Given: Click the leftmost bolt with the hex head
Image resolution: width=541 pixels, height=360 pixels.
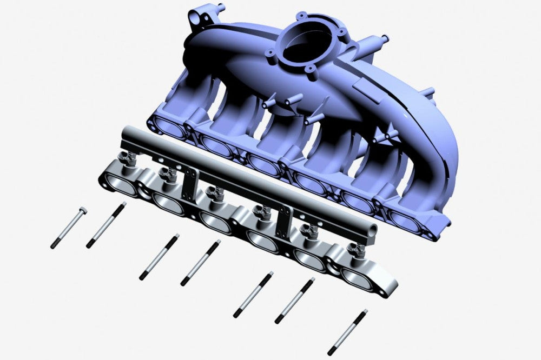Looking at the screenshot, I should click(69, 227).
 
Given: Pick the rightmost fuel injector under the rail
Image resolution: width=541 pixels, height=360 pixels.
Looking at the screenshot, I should click(355, 250).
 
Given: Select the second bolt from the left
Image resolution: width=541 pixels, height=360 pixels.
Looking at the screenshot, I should click(106, 225).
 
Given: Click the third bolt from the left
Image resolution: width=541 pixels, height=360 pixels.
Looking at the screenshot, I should click(159, 257).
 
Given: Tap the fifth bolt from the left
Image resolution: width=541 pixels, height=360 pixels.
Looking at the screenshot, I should click(253, 294).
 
